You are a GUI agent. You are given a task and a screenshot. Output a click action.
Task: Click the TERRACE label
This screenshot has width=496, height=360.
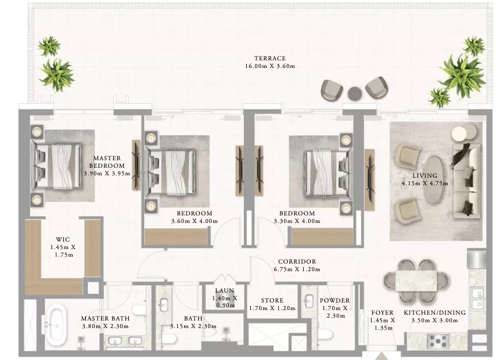coord(270,58)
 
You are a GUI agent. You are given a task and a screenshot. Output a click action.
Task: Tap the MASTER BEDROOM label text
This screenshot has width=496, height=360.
coord(107,161)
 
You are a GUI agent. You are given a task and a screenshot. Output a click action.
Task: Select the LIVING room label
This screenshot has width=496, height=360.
coord(425,175)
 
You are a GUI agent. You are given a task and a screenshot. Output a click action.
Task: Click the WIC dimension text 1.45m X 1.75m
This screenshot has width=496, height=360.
coord(63,251)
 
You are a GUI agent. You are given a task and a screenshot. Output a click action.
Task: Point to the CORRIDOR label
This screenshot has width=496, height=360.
coord(297,262)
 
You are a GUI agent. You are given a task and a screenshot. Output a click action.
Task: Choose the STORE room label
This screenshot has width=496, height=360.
coord(272,300)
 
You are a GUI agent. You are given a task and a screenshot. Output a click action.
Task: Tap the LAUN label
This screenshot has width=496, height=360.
coord(225,290)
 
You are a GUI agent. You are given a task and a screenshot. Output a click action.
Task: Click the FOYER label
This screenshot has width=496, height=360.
coord(382,312)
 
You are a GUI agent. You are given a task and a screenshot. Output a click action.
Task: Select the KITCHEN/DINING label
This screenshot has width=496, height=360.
coord(434,312)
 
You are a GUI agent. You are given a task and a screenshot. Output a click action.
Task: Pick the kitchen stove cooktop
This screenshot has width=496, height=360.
coord(438,341)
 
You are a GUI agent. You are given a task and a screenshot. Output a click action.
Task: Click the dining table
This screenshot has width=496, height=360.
coord(416,281)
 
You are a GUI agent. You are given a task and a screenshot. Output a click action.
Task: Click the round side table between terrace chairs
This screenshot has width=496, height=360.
coord(355,93)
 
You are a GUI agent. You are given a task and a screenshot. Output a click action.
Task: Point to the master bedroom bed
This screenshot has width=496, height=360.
coord(56,165)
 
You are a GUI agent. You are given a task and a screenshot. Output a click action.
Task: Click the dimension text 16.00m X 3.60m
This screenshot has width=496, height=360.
coord(270,66)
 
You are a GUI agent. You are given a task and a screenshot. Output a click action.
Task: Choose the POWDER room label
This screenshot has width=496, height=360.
coord(335,300)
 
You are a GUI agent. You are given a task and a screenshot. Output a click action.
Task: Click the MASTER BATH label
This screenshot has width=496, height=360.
coord(105,319)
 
